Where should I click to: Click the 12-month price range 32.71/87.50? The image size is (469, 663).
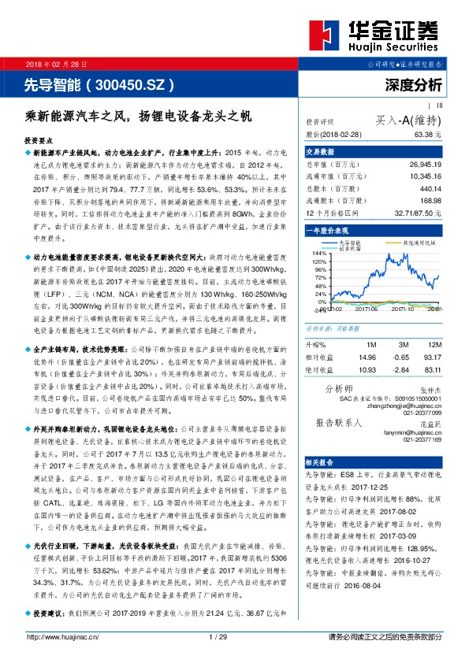[416, 213]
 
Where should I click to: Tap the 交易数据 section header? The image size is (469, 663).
[320, 152]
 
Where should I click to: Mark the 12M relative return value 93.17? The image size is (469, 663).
[432, 357]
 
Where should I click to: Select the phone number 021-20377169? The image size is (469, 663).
[423, 440]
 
